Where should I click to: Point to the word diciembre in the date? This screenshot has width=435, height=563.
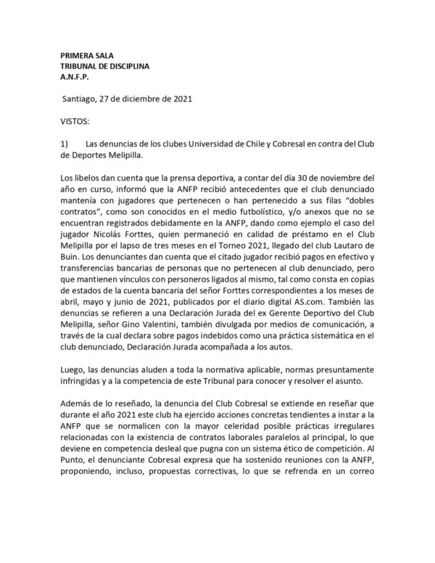tap(147, 97)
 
